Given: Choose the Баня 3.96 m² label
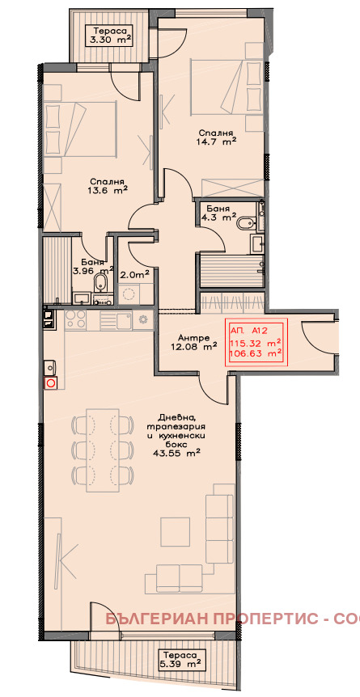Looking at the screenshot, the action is tap(95, 266).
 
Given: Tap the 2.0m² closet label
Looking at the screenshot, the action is tap(134, 275).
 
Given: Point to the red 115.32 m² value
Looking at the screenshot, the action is tap(256, 343).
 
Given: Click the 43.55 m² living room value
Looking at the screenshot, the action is tap(178, 453).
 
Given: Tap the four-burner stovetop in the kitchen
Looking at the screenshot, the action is tap(76, 319).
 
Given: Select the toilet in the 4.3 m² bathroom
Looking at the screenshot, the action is tap(246, 223).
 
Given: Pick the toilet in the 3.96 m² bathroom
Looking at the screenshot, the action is tap(100, 282).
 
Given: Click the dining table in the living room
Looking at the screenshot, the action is tap(103, 450).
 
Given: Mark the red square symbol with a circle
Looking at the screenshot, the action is tap(51, 382).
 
